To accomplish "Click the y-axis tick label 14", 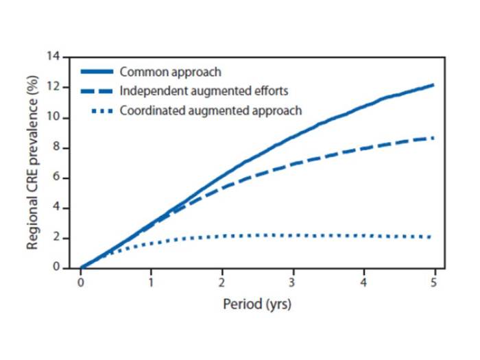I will coord(54,56).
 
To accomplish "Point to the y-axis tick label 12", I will coord(54,87).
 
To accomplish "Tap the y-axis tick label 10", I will coord(54,117).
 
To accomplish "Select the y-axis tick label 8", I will coord(57,147).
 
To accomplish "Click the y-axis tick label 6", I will coord(57,178).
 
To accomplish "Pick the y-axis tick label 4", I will coord(57,208).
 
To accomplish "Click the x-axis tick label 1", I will coord(151,282).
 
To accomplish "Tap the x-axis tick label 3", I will coord(292,282).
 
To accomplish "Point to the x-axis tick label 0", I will coord(80,282).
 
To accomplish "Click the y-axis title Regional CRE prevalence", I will coord(32,163).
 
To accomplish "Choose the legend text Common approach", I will coord(169,71).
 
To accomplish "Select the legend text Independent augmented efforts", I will coord(204,91).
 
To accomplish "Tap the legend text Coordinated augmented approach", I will coord(210,110).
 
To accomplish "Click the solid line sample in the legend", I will coord(97,71).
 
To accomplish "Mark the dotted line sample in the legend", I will coord(97,110).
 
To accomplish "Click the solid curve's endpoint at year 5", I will coord(433,85).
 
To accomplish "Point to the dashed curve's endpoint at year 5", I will coord(433,138).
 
